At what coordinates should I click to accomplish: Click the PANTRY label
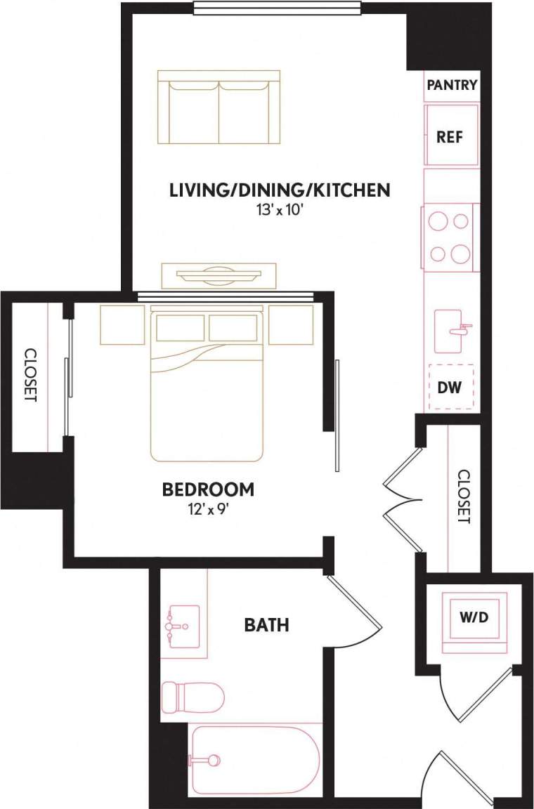pos(451,86)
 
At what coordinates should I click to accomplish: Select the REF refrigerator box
pos(451,136)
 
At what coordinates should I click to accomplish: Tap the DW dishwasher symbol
pos(450,387)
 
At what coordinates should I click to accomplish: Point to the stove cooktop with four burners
pos(450,237)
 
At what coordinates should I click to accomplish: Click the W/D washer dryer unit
pos(474,619)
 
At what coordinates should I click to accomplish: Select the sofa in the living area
pos(219,107)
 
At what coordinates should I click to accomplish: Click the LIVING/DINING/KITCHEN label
pos(280,190)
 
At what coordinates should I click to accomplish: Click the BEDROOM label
pos(208,489)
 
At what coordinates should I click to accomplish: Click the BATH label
pos(266,624)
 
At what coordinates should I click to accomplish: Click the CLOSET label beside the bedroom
pos(30,375)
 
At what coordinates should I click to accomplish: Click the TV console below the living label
pos(219,274)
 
